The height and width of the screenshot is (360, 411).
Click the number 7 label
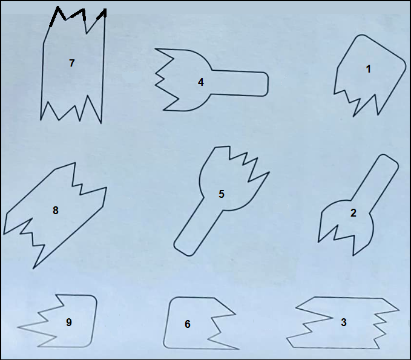pyautogui.click(x=72, y=63)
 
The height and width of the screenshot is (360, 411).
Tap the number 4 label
pyautogui.click(x=201, y=82)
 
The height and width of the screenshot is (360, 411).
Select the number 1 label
pyautogui.click(x=368, y=69)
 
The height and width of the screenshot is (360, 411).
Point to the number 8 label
pyautogui.click(x=56, y=211)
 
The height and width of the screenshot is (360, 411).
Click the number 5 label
pyautogui.click(x=222, y=194)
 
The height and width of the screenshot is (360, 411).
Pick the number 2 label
pyautogui.click(x=353, y=213)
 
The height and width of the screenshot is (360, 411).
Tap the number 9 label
pyautogui.click(x=69, y=322)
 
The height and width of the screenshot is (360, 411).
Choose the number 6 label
pyautogui.click(x=188, y=324)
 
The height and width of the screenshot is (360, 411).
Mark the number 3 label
pyautogui.click(x=344, y=322)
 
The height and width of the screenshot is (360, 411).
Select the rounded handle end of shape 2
pyautogui.click(x=390, y=159)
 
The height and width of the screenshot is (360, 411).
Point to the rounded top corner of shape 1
pyautogui.click(x=361, y=37)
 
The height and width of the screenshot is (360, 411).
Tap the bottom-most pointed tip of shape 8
pyautogui.click(x=33, y=268)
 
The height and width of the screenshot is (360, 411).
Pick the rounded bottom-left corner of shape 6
pyautogui.click(x=166, y=345)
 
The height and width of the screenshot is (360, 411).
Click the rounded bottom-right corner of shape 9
pyautogui.click(x=89, y=344)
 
